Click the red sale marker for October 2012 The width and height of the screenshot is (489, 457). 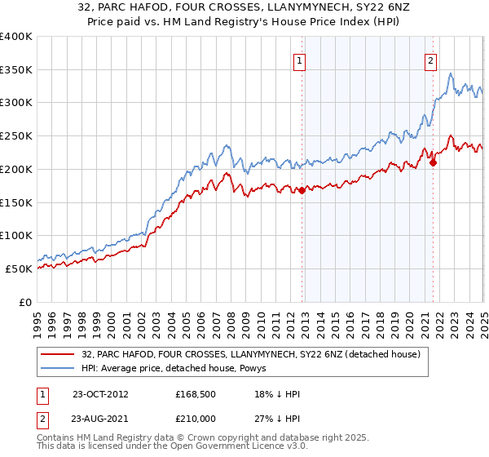click(x=302, y=190)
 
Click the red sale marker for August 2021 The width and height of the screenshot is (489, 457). click(x=433, y=162)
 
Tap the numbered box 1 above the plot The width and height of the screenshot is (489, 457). click(x=300, y=60)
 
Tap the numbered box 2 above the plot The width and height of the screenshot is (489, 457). click(x=430, y=60)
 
